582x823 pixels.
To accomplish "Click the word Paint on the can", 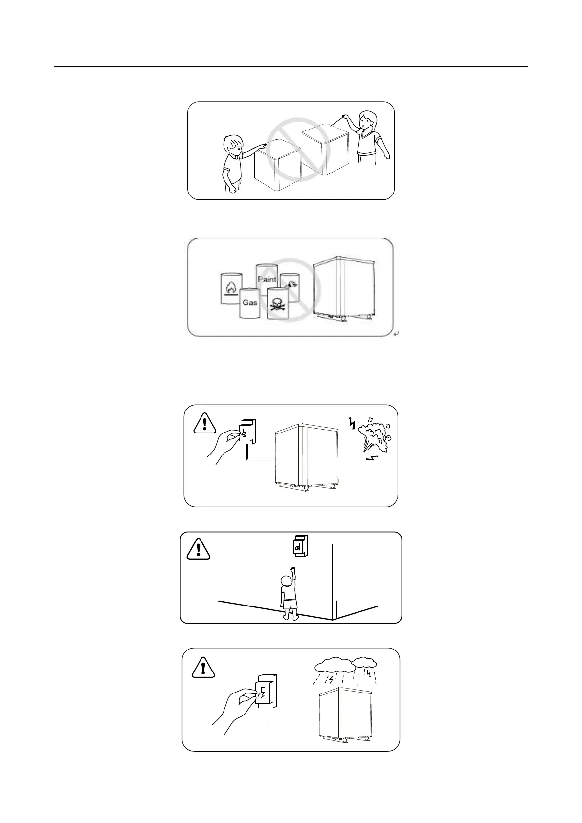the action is click(267, 279).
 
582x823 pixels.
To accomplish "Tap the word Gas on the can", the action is click(250, 303).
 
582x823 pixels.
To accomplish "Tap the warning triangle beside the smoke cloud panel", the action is click(205, 423).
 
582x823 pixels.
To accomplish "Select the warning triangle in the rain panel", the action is click(203, 667).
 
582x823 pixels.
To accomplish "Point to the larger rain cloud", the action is click(335, 665).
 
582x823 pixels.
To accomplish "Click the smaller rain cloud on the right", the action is click(365, 662).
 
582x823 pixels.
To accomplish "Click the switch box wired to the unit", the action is click(247, 431).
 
